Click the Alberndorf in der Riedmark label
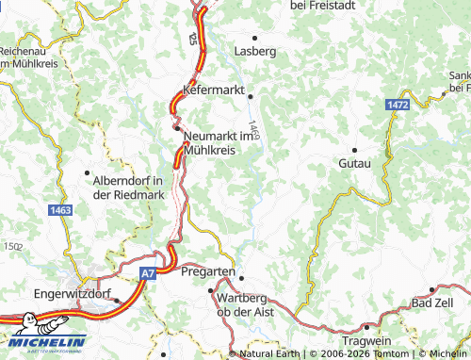point(129,188)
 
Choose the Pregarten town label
point(207,271)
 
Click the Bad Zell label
point(432,303)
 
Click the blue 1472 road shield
point(398,106)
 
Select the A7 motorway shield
point(148,273)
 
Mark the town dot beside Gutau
point(354,150)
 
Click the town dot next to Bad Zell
point(432,290)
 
